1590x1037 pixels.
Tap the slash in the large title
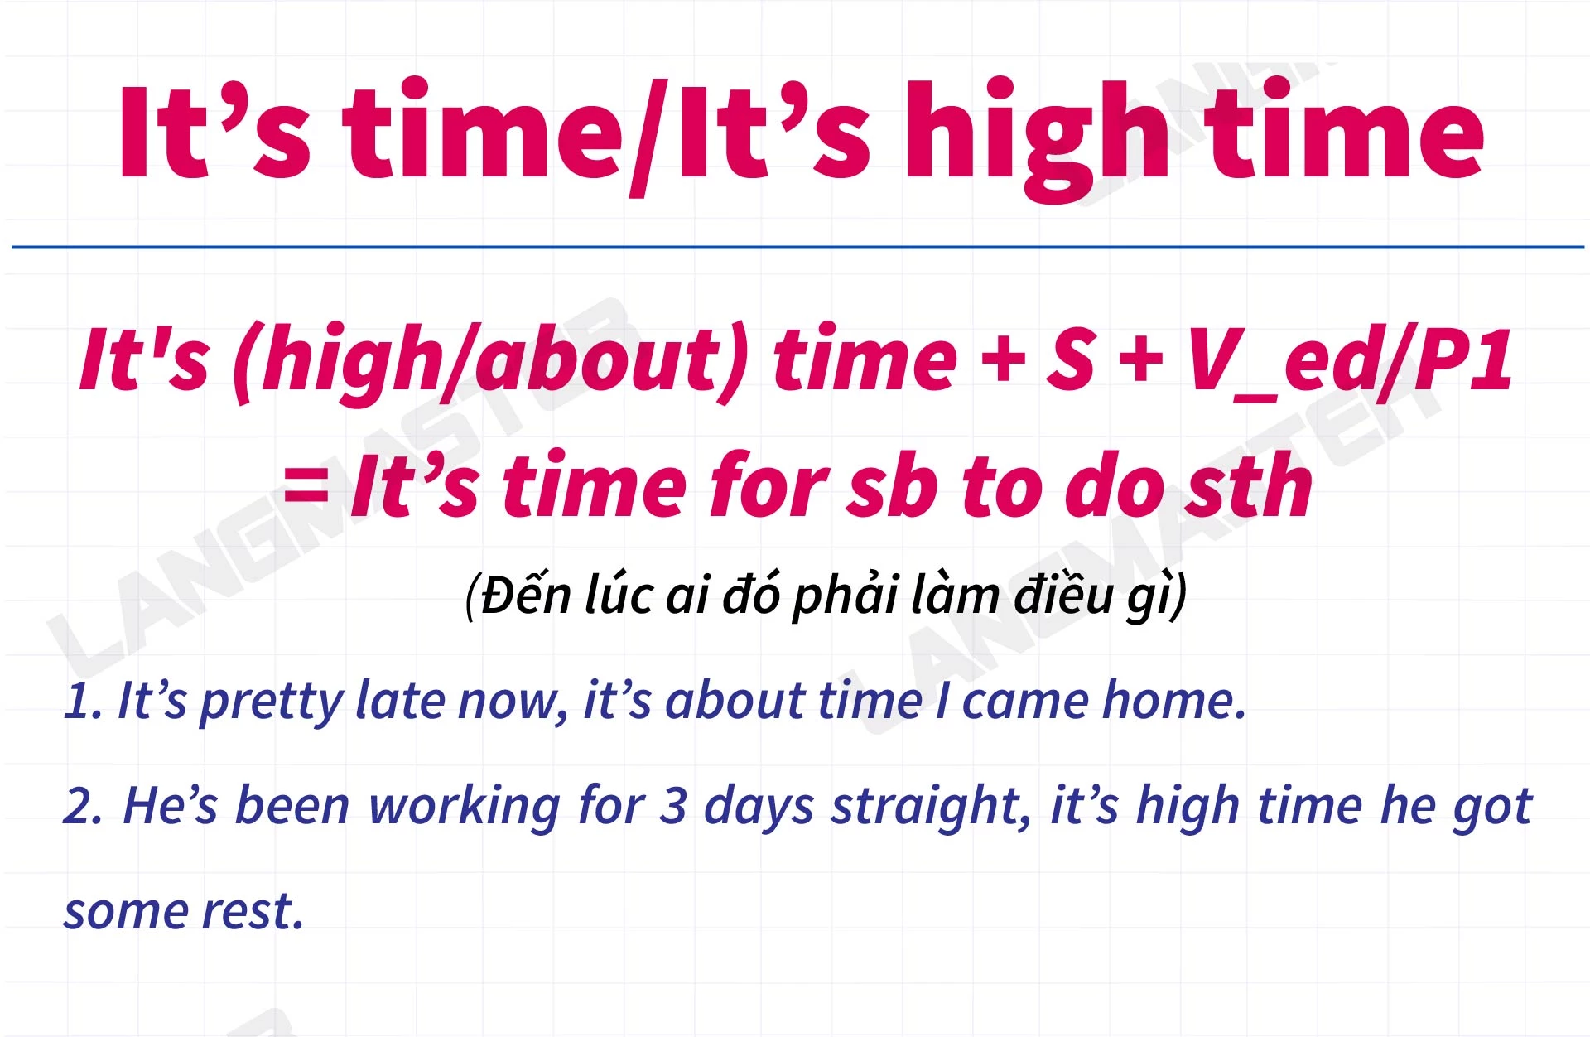pyautogui.click(x=649, y=137)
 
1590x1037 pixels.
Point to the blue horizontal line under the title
pyautogui.click(x=797, y=247)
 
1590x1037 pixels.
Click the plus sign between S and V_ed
pyautogui.click(x=1143, y=361)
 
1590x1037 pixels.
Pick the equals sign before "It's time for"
pyautogui.click(x=306, y=485)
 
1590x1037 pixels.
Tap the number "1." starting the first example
pyautogui.click(x=83, y=701)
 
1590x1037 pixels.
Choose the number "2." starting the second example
pyautogui.click(x=84, y=806)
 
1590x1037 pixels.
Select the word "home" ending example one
pyautogui.click(x=1174, y=700)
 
